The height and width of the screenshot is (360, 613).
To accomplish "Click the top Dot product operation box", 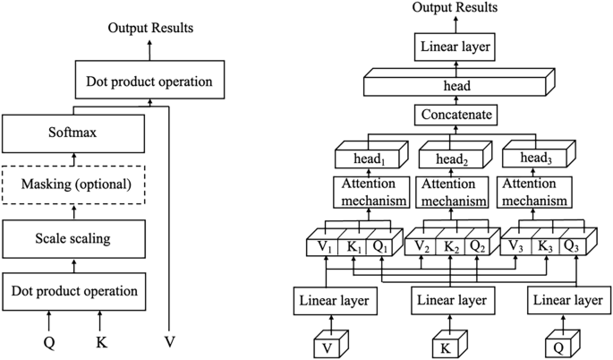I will click(149, 81).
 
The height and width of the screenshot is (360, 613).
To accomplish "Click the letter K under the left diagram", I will click(99, 341).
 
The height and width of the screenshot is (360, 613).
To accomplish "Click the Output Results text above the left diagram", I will click(150, 28).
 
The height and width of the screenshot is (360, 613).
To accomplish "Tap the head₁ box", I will click(370, 158).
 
